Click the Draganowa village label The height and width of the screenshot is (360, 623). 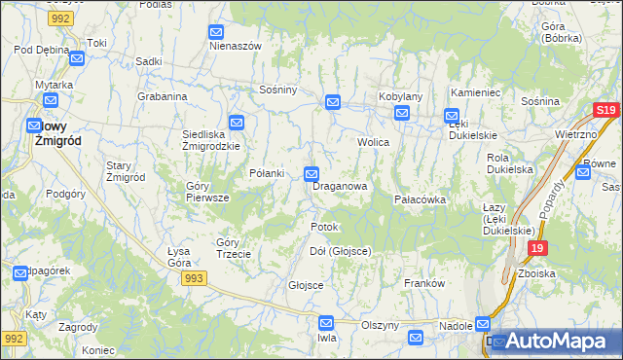point(340,185)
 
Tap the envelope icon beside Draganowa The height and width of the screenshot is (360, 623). point(311,174)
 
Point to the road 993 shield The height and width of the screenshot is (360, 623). point(193,278)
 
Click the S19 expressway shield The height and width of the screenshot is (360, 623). point(605,111)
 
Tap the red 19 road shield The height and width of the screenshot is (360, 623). point(536,249)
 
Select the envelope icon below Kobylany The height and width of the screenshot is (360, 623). point(402,115)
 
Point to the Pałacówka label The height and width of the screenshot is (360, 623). point(420,198)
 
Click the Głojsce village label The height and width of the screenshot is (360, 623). point(305,285)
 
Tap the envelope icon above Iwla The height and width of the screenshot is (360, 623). point(326,322)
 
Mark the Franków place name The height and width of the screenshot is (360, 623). point(424,283)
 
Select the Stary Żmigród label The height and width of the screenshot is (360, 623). point(126,171)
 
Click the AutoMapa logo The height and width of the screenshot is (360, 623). point(556,342)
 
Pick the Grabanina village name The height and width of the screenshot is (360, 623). point(162,96)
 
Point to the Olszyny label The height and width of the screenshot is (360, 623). point(381,325)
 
